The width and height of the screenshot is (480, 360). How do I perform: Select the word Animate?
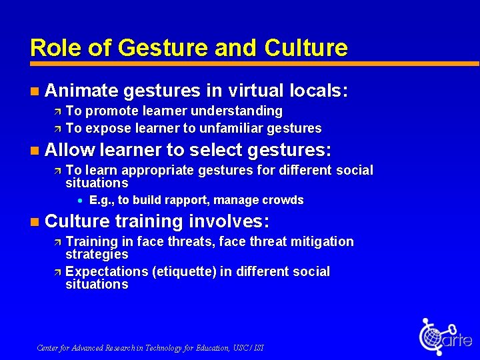[82, 90]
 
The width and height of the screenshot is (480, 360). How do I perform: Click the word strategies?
[97, 254]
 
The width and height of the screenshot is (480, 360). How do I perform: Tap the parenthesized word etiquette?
[184, 271]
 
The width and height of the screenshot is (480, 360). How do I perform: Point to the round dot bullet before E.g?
[79, 201]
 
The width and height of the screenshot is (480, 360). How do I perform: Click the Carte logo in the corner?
[444, 337]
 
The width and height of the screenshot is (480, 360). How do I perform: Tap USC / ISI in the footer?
[251, 347]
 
